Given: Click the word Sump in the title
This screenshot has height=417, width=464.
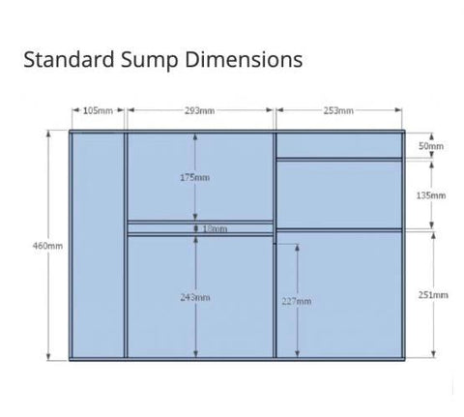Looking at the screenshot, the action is pos(149,60).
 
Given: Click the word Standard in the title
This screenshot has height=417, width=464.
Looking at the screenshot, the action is pos(69,59).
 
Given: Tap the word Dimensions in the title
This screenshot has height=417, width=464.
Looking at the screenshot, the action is pos(244,59).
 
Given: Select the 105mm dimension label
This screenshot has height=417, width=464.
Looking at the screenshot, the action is pos(98,110).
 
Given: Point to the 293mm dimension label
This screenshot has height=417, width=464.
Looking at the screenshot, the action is pos(200,110).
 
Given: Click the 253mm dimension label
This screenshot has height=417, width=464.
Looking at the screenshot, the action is pos(338,110).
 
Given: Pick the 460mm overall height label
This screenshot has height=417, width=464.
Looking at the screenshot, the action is pos(47,246).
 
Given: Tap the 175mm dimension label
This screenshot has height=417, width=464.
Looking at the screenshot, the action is pos(194,177).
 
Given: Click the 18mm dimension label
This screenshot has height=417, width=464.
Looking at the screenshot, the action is pos(215,228).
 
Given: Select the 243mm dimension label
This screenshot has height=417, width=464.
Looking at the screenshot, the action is pos(195,297).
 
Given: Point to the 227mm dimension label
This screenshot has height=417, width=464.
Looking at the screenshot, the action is pos(297,301).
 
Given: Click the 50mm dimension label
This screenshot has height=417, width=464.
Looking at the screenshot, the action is pos(431,146).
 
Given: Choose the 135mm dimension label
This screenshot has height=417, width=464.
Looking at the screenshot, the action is pos(431,195).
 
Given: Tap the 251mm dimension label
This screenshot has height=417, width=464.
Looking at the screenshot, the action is pos(433,295).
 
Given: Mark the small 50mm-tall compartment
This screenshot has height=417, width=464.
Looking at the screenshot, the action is pos(339,145).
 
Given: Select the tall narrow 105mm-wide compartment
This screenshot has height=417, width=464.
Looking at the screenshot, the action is pos(98,245).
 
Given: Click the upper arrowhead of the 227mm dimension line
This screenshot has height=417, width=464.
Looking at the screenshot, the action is pos(297,248).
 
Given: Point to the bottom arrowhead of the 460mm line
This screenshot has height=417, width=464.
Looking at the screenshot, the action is pos(48,356).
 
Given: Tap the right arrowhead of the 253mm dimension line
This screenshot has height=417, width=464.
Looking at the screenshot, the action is pos(398,110).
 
